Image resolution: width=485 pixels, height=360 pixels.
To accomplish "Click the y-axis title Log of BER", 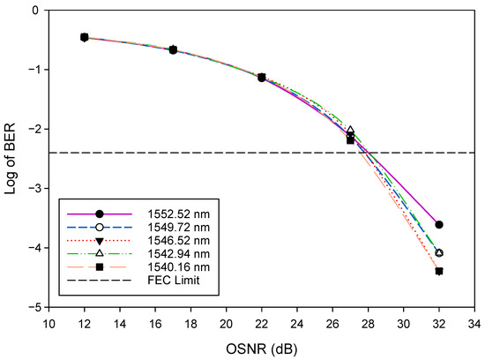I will pos(12,158).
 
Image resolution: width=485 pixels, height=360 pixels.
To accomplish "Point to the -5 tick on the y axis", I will pos(35,307).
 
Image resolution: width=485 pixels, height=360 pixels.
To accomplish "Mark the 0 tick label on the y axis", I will pos(38,11).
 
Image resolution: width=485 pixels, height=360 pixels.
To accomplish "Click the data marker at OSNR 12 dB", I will pos(85,37).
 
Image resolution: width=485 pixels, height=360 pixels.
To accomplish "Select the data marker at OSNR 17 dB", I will pos(173,50).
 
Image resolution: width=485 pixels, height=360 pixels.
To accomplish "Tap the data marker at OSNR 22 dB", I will pos(262,78).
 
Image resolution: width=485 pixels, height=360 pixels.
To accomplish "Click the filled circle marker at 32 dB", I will pos(439,225).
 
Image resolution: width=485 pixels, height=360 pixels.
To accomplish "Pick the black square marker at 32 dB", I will pos(439,271).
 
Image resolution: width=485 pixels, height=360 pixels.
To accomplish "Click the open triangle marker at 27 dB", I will pos(350,130).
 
